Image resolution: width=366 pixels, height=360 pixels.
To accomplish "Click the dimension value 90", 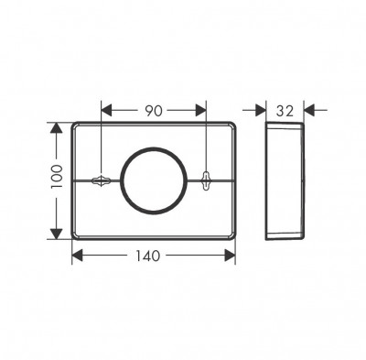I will [153, 111].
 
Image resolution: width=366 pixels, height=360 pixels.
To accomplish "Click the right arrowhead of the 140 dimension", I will [231, 256].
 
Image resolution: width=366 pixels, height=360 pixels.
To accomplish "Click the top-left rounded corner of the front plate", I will [74, 125].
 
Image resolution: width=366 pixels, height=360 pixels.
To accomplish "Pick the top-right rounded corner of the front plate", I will [234, 125].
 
